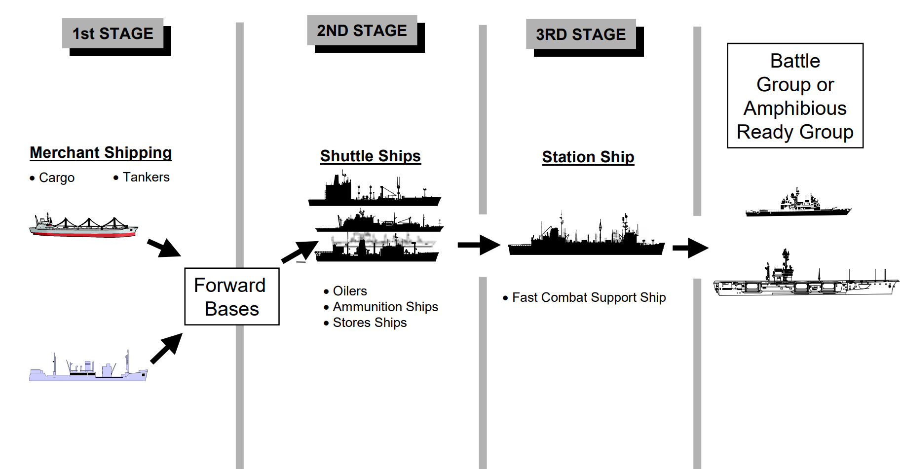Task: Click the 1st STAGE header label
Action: [113, 34]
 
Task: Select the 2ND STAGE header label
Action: [362, 31]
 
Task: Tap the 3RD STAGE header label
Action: [581, 35]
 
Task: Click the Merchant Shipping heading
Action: [101, 152]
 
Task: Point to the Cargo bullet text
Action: [56, 178]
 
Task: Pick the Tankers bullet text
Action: [146, 177]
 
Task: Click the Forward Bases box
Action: [231, 296]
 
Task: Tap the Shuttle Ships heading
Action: [370, 156]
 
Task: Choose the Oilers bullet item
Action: [349, 291]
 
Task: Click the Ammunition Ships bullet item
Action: [385, 307]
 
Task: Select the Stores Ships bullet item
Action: [370, 323]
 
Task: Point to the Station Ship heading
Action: [588, 157]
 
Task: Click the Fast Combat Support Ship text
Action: [589, 297]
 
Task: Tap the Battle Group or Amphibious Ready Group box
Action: [795, 96]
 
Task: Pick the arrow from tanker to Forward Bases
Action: [166, 348]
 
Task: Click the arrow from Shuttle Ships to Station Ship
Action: [479, 245]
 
